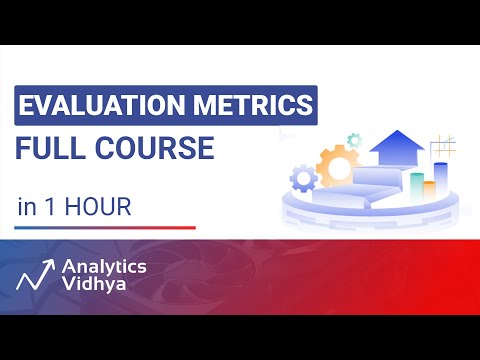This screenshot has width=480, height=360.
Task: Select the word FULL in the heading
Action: pos(50,149)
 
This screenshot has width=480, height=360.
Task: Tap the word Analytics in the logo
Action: pos(104,267)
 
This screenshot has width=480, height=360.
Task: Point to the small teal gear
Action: pos(353,140)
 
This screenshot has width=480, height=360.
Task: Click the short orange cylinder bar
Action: pos(429,190)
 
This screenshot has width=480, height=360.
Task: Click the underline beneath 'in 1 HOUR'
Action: pos(105,228)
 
